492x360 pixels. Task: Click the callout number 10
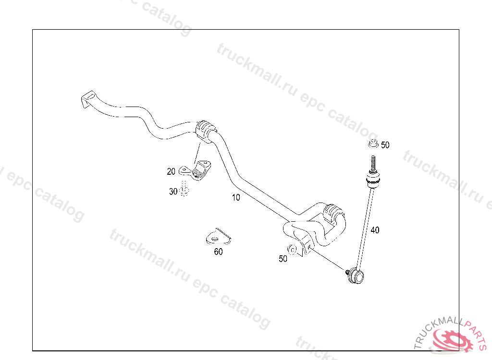235,197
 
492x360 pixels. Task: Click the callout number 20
171,171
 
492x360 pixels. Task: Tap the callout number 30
173,192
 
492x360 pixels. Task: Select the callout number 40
375,230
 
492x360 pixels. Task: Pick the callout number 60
218,252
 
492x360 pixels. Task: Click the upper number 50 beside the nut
385,145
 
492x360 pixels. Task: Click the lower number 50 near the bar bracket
283,259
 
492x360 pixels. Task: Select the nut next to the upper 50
373,143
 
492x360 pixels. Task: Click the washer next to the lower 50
291,250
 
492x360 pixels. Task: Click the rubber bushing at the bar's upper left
205,130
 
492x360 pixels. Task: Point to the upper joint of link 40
373,180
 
